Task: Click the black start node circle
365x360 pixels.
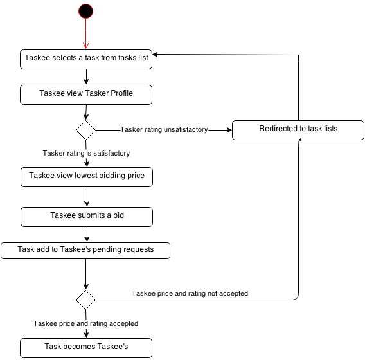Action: [x=85, y=11]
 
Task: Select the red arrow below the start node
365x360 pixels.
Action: [x=86, y=34]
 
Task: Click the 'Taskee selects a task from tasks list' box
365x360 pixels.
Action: [x=86, y=59]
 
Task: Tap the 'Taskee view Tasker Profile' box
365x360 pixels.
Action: [x=86, y=94]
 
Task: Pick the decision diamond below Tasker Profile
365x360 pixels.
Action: [x=85, y=130]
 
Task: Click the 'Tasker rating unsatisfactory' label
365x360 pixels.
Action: [x=164, y=129]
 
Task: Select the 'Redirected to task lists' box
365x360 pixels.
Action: [x=298, y=130]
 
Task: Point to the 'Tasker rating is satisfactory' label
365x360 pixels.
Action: [x=86, y=153]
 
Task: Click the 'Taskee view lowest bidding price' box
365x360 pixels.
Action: [x=87, y=177]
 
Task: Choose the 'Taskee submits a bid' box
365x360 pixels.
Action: [x=87, y=217]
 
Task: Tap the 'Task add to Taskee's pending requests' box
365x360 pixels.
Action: [x=85, y=251]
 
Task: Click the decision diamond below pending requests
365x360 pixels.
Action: [x=85, y=300]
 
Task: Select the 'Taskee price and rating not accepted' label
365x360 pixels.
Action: [x=190, y=293]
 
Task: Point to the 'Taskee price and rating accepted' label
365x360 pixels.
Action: [x=85, y=323]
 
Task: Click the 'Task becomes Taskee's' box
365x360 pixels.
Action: [x=86, y=348]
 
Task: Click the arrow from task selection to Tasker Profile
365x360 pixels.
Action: [x=86, y=77]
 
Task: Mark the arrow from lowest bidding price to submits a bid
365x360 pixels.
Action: [x=87, y=197]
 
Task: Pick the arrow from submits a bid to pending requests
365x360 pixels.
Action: [x=87, y=235]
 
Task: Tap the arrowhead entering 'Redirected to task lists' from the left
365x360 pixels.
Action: [x=229, y=130]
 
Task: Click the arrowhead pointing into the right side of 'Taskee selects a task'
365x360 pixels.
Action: [x=156, y=55]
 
